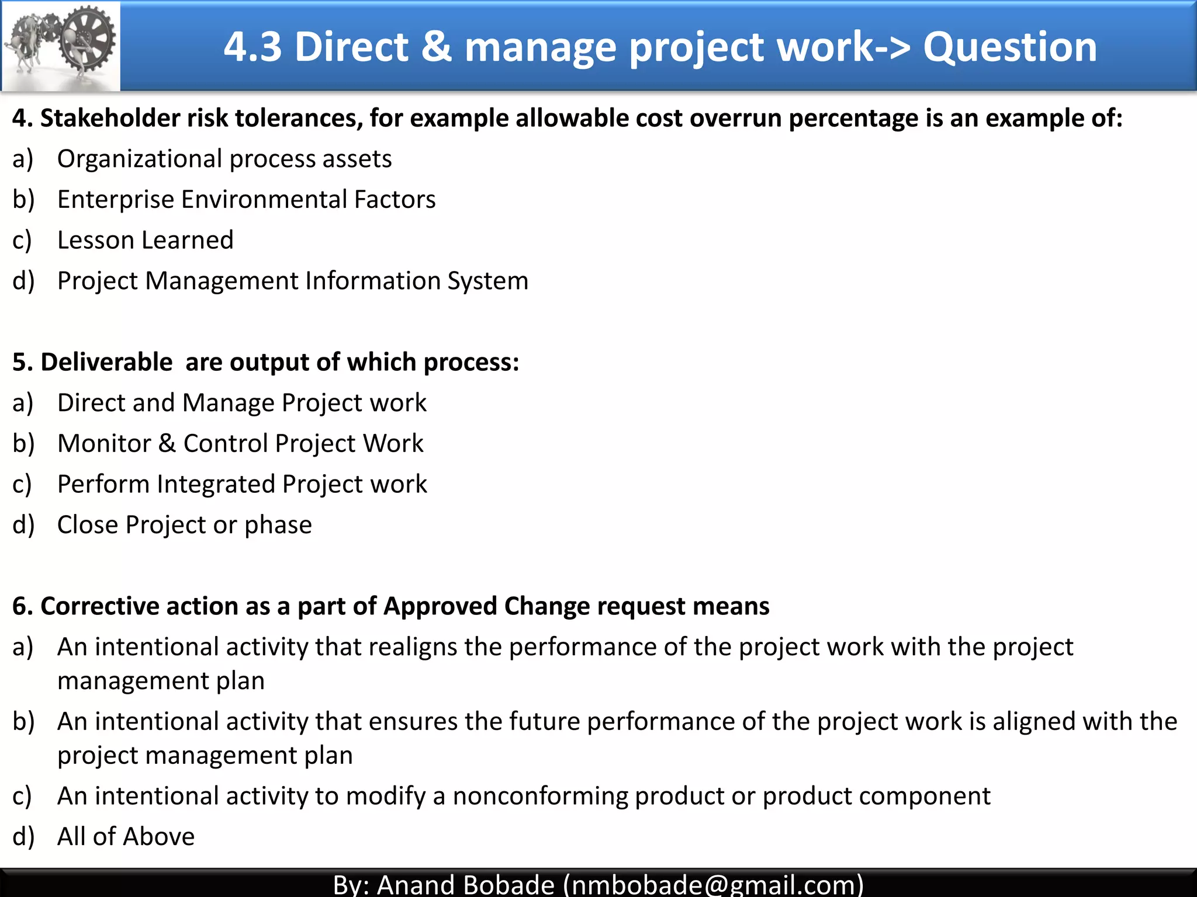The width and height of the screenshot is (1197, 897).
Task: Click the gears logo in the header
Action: point(61,46)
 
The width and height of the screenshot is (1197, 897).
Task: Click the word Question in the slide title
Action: point(1010,47)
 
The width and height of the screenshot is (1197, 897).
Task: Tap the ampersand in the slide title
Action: point(436,47)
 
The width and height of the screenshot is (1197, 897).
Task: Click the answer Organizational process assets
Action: point(224,159)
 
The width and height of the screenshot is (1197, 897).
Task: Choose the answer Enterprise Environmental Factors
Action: point(246,200)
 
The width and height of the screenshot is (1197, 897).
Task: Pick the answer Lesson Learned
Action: point(146,240)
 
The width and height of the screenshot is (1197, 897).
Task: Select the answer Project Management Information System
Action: point(293,281)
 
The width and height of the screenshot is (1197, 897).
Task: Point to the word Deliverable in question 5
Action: point(106,362)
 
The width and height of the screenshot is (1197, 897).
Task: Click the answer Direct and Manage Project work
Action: point(242,403)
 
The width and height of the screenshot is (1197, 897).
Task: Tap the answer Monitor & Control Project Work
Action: point(240,443)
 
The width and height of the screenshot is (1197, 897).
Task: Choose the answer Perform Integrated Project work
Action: point(242,484)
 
